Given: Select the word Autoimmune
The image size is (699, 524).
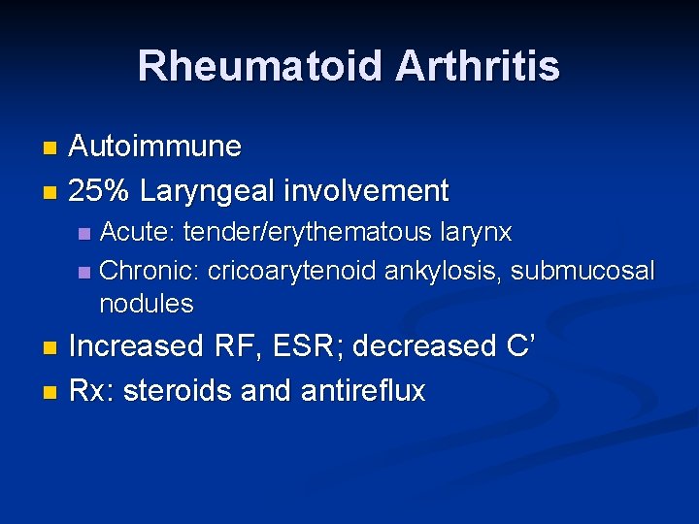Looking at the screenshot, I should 155,147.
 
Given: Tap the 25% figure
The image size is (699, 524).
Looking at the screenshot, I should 100,190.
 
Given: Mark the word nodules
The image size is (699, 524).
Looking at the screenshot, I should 147,304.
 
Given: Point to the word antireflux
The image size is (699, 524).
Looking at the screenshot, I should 363,391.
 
